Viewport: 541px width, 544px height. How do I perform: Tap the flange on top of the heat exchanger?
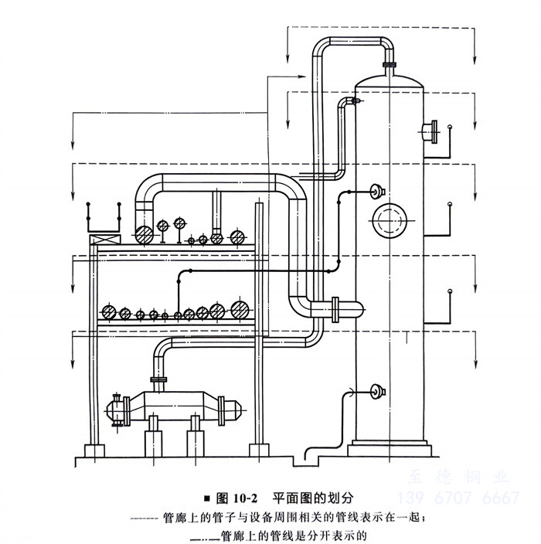click(158, 379)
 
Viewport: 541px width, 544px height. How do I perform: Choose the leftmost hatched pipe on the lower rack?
click(110, 313)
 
